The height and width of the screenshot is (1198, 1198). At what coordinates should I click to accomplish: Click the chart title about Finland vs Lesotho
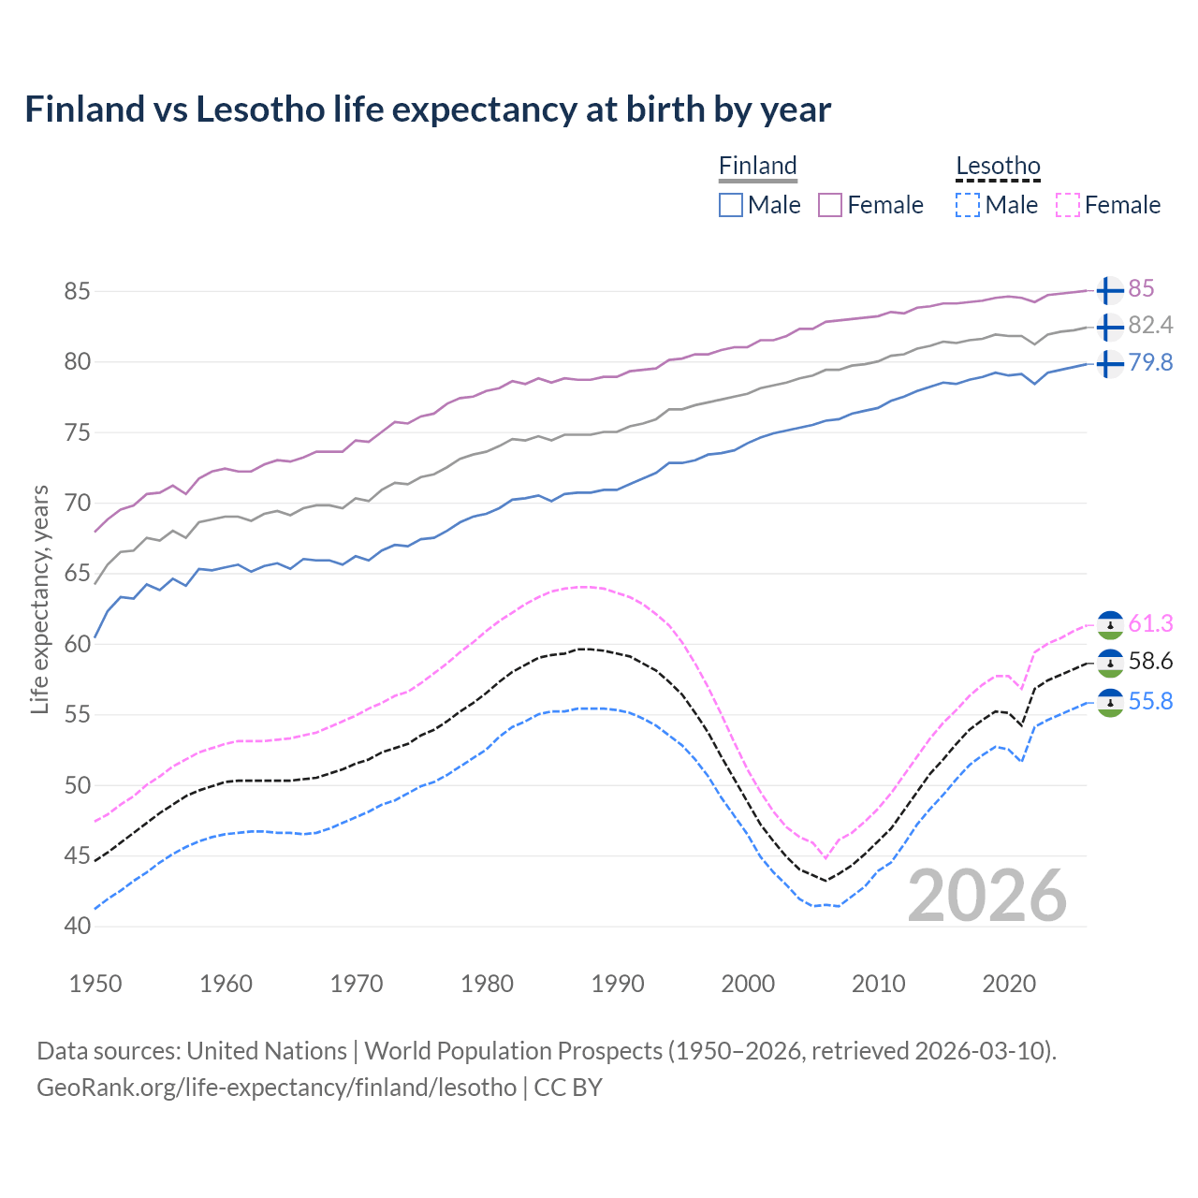click(x=428, y=110)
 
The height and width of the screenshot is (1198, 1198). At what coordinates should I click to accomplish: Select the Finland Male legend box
click(x=731, y=205)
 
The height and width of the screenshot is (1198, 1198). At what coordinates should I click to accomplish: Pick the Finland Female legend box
click(x=830, y=205)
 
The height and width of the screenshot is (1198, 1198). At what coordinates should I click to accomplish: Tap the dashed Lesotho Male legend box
click(x=968, y=205)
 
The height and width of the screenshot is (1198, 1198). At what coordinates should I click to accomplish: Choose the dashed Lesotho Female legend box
click(x=1068, y=205)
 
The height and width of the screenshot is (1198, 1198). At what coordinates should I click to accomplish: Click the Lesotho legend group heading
click(x=998, y=167)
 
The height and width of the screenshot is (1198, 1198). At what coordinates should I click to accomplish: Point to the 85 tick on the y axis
click(x=77, y=291)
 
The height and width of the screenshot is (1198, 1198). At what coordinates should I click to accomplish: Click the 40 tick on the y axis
click(x=77, y=927)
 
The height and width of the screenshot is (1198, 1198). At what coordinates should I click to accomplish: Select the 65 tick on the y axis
click(x=77, y=574)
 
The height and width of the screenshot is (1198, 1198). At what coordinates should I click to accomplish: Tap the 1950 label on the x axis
click(x=95, y=984)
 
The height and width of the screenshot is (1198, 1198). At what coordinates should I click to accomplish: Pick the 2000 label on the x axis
click(x=748, y=984)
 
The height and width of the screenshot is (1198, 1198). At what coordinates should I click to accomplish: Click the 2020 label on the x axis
click(x=1009, y=984)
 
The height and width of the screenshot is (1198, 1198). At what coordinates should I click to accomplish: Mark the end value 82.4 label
click(x=1150, y=326)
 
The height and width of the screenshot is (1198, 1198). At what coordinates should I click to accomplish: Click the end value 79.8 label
click(x=1150, y=363)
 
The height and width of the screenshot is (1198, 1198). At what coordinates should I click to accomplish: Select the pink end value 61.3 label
click(x=1150, y=623)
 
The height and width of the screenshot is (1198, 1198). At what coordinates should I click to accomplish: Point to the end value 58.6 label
click(x=1150, y=662)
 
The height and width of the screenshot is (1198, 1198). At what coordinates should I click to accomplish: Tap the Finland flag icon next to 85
click(x=1109, y=291)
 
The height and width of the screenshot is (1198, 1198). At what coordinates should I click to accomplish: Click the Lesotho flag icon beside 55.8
click(x=1109, y=703)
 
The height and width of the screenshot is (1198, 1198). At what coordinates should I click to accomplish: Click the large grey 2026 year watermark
click(x=987, y=896)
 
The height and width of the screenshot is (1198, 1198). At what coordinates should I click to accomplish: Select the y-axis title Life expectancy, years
click(x=40, y=599)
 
